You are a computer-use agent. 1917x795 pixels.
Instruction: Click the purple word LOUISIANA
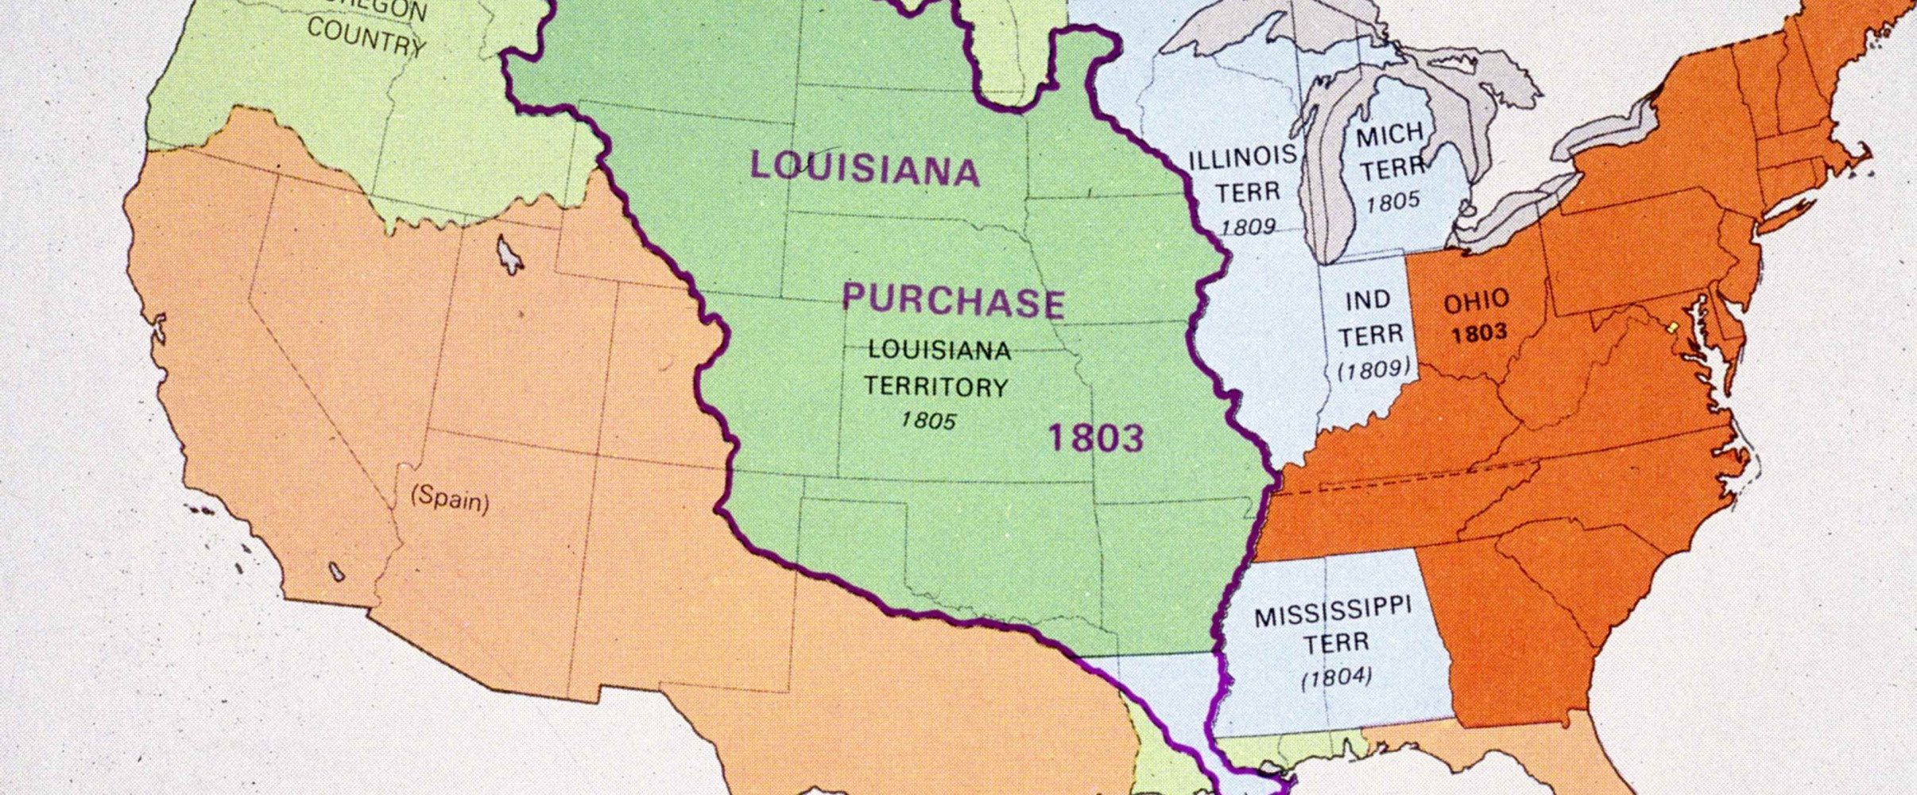click(865, 168)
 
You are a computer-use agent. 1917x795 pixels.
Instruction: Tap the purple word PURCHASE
click(953, 301)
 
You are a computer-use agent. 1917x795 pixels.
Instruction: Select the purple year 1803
click(1096, 438)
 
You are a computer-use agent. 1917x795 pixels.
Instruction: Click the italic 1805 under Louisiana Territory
click(928, 420)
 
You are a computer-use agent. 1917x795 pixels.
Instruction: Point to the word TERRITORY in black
click(936, 386)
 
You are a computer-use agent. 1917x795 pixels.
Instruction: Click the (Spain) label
click(450, 499)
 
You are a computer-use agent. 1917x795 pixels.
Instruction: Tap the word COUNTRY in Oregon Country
click(366, 37)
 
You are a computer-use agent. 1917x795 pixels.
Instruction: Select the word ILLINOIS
click(1242, 157)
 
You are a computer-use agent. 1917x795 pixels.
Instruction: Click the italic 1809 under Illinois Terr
click(1247, 227)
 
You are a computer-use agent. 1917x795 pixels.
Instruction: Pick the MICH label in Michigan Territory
click(1389, 135)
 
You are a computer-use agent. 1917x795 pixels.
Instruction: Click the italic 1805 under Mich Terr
click(1392, 202)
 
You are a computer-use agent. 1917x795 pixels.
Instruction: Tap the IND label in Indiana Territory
click(1368, 300)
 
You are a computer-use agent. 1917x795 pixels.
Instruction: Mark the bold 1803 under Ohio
click(1479, 333)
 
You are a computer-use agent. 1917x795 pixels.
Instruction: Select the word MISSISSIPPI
click(1333, 611)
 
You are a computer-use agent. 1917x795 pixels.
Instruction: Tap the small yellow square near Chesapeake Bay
click(1672, 327)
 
